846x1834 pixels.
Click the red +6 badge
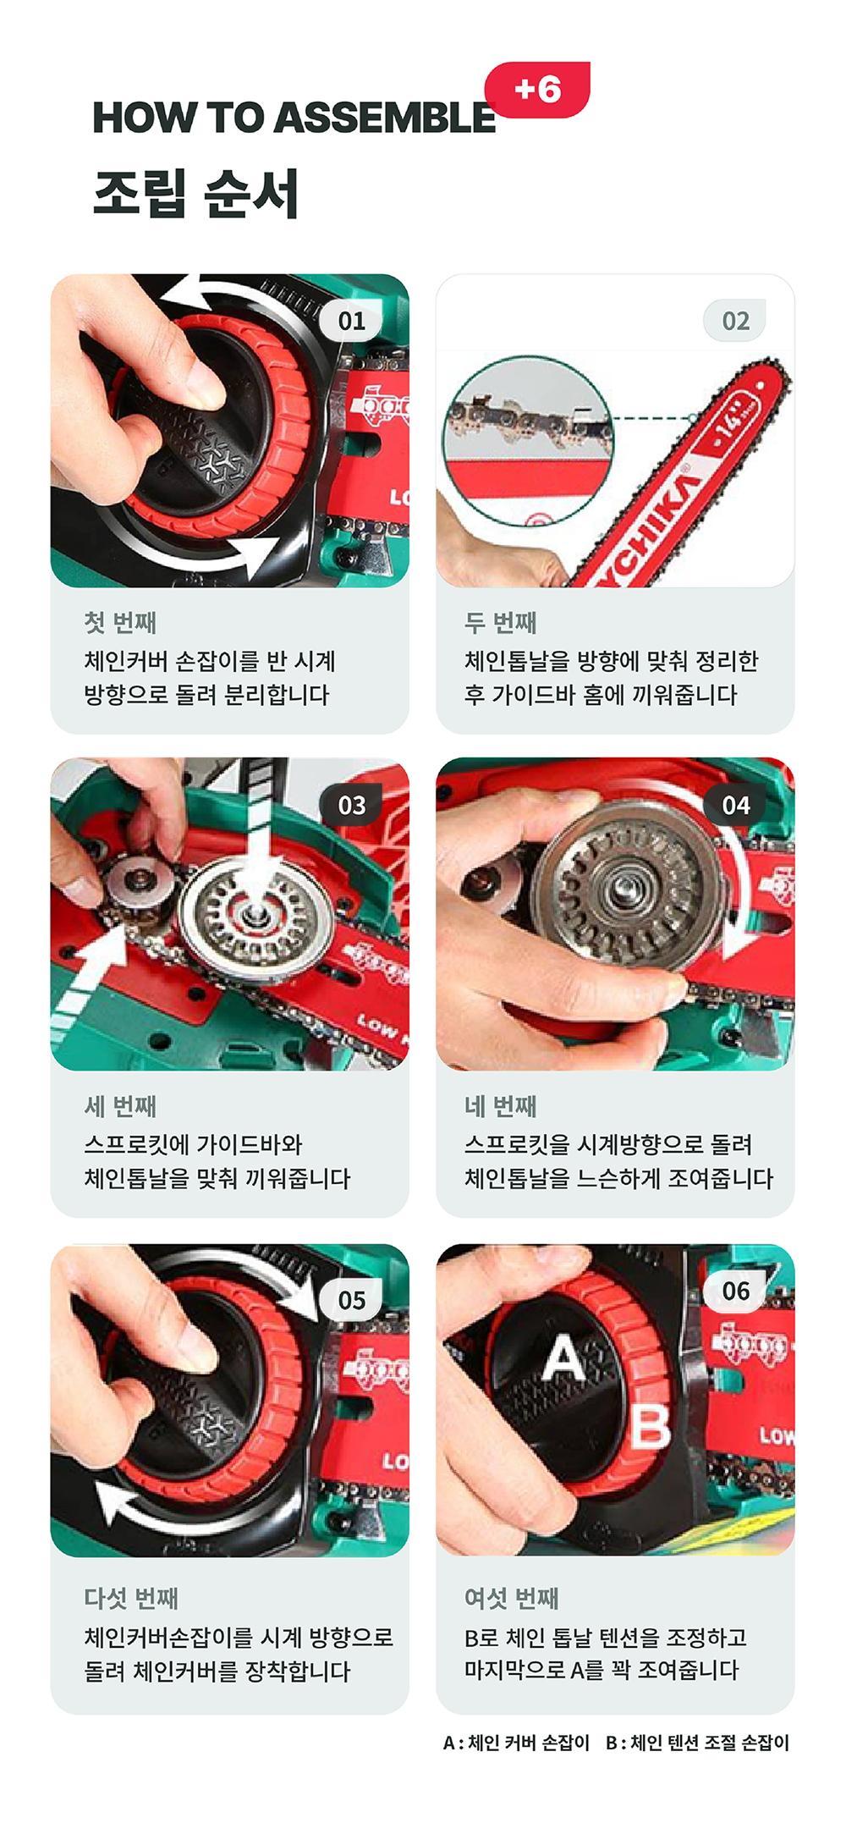[x=537, y=90]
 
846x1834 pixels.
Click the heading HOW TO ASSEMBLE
[x=294, y=118]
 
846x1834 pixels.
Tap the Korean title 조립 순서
[x=195, y=193]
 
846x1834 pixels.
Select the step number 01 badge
[x=352, y=321]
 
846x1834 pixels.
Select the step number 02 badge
[x=735, y=321]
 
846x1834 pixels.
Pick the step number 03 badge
[x=352, y=805]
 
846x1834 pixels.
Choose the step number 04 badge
[x=735, y=805]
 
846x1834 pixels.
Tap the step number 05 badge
[x=352, y=1299]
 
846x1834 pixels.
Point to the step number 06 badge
[x=735, y=1291]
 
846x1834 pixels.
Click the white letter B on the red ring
[x=651, y=1426]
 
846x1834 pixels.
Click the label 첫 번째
[x=120, y=623]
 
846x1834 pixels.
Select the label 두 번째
[x=501, y=623]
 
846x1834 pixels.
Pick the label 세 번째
[x=120, y=1106]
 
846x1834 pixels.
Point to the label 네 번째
[x=501, y=1106]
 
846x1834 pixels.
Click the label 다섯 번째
[x=131, y=1598]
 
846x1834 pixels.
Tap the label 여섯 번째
[x=512, y=1598]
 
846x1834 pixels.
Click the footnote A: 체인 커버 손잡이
[x=516, y=1743]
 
